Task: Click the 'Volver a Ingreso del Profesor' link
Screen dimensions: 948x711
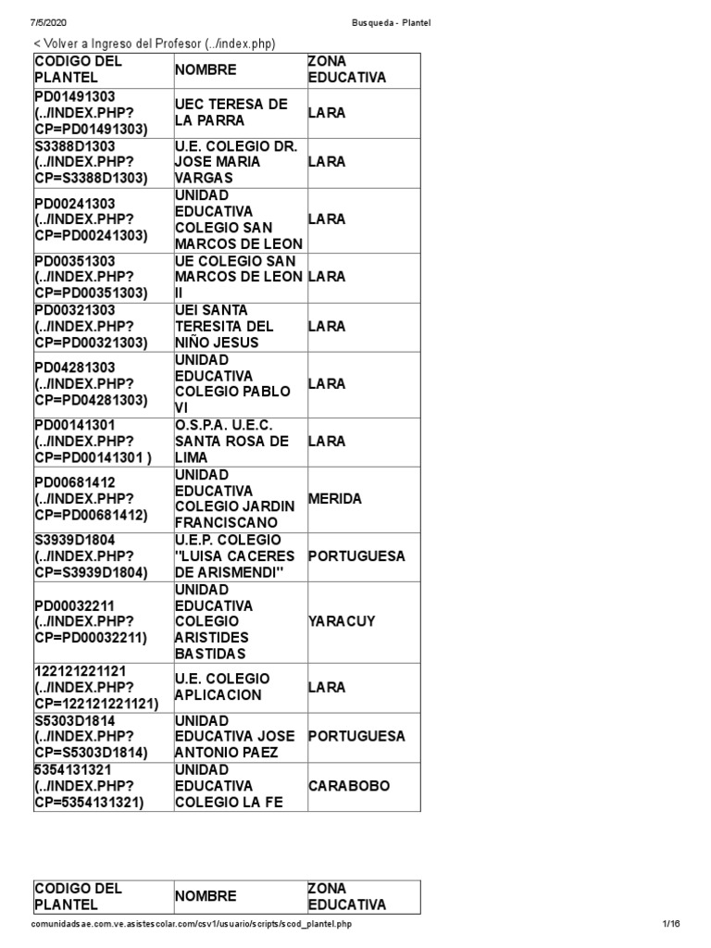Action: (x=155, y=44)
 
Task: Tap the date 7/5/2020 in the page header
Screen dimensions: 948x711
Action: (x=48, y=21)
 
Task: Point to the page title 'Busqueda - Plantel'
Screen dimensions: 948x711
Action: (x=391, y=21)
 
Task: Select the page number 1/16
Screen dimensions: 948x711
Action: (x=671, y=924)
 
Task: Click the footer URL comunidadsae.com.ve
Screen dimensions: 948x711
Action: (x=191, y=924)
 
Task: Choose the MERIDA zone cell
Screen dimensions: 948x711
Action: (x=335, y=499)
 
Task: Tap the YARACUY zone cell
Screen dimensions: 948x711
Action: (x=342, y=621)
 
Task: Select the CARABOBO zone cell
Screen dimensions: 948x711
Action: (x=349, y=786)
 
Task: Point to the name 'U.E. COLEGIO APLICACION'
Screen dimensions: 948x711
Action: (x=222, y=687)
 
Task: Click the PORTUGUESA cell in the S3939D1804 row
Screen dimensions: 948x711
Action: (x=356, y=556)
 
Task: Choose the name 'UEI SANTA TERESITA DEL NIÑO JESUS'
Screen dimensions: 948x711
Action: (x=224, y=326)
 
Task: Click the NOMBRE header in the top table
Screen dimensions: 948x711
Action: (x=206, y=69)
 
